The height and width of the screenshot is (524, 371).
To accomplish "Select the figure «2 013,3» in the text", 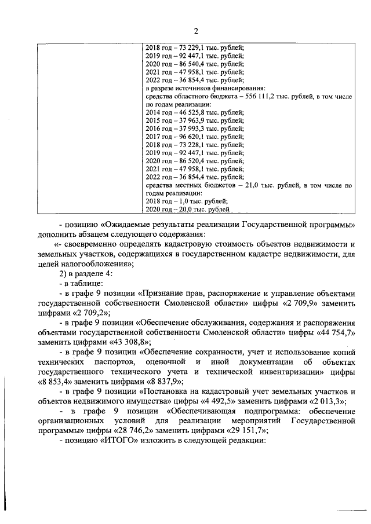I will click(x=323, y=400).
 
